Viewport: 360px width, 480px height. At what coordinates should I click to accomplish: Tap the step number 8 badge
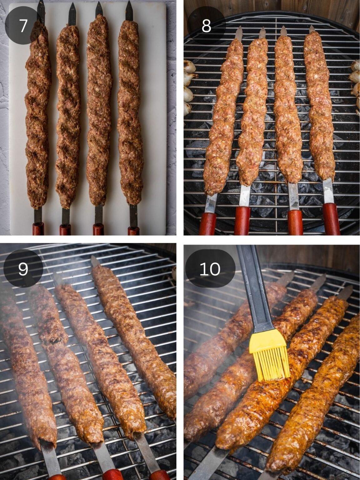click(206, 26)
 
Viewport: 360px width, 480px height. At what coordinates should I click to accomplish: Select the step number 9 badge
click(23, 268)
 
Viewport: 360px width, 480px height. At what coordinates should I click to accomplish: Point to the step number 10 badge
click(210, 268)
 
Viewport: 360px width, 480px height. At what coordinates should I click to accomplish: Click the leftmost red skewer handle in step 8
click(208, 223)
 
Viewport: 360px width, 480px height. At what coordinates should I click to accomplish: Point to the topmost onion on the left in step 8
click(190, 67)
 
